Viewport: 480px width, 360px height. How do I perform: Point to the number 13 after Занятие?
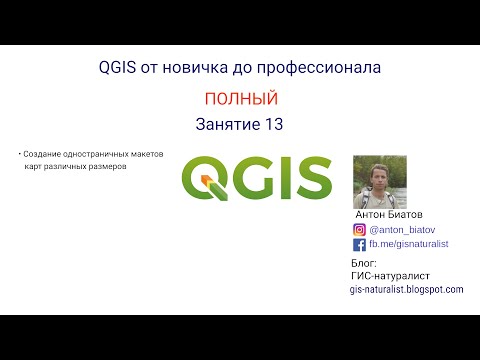[x=276, y=125]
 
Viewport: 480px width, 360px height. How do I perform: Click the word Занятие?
[x=225, y=125]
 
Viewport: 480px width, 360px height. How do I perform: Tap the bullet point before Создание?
[x=20, y=154]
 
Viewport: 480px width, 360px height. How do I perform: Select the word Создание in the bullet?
[x=46, y=154]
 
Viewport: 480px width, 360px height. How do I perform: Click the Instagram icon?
[x=359, y=229]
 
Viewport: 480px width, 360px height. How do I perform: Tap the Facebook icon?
[x=359, y=244]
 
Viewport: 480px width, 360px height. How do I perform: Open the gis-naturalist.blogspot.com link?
[x=406, y=289]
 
